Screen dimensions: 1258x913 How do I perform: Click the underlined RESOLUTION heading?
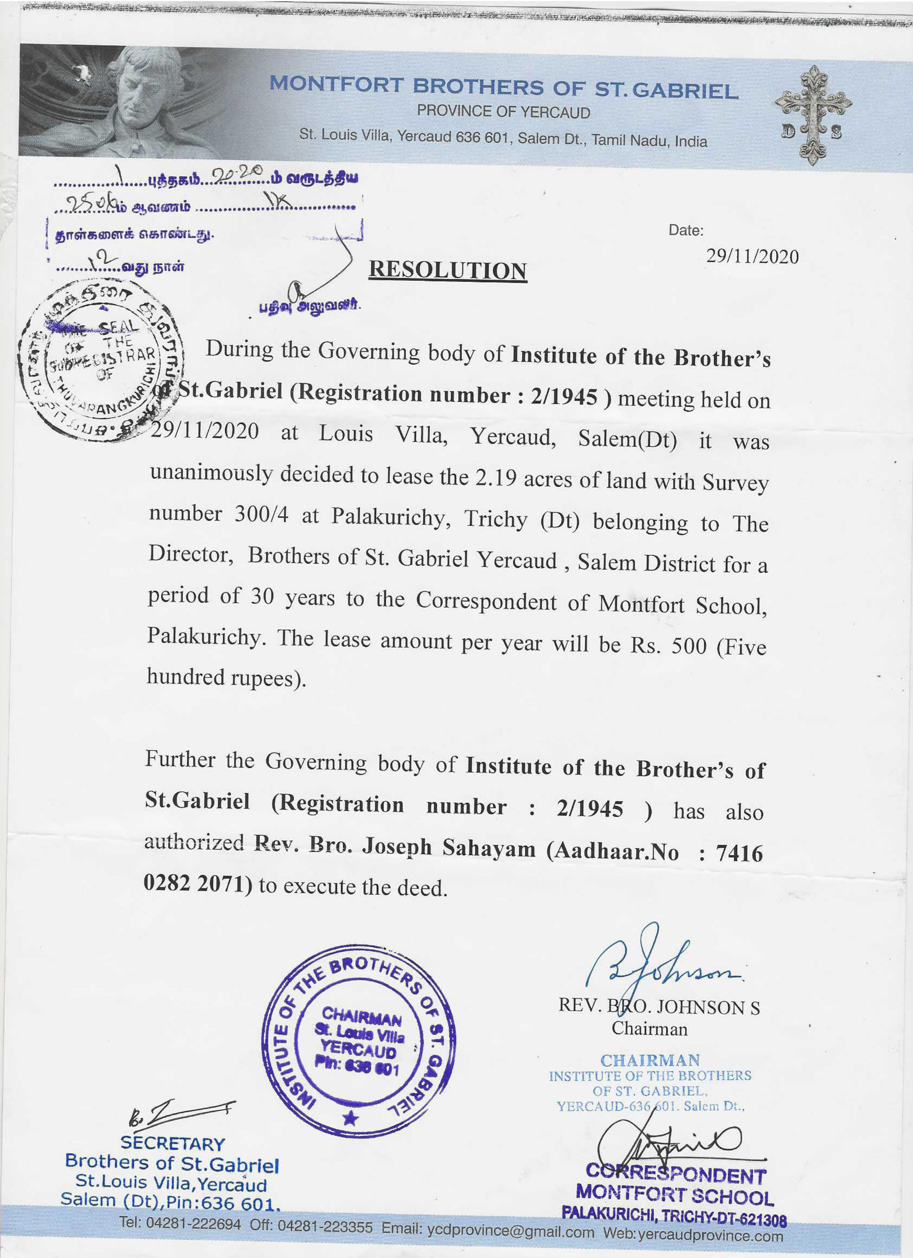coord(448,270)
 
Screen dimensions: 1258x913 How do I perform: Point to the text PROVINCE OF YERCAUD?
coord(503,112)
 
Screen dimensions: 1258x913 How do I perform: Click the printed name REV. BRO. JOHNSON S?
coord(659,1007)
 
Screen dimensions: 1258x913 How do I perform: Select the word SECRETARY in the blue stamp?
coord(173,1143)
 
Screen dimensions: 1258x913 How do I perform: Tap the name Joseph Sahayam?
coord(448,848)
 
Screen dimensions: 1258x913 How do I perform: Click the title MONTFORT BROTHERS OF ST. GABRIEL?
coord(503,87)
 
